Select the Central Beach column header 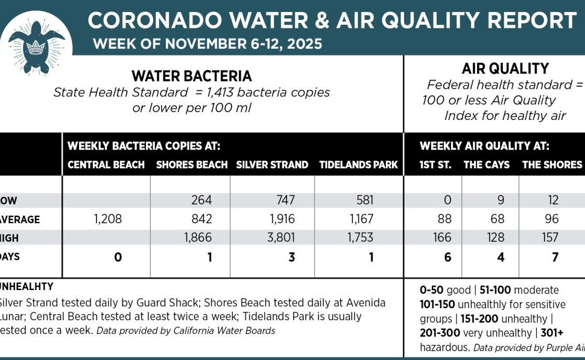106,165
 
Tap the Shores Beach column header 192,165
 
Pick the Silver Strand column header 272,165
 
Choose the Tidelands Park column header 358,165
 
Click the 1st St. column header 435,165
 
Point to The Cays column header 486,165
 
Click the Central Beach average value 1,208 108,219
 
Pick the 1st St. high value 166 442,238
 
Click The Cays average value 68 496,219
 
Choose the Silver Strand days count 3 291,257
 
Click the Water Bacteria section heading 192,77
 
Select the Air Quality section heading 496,69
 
